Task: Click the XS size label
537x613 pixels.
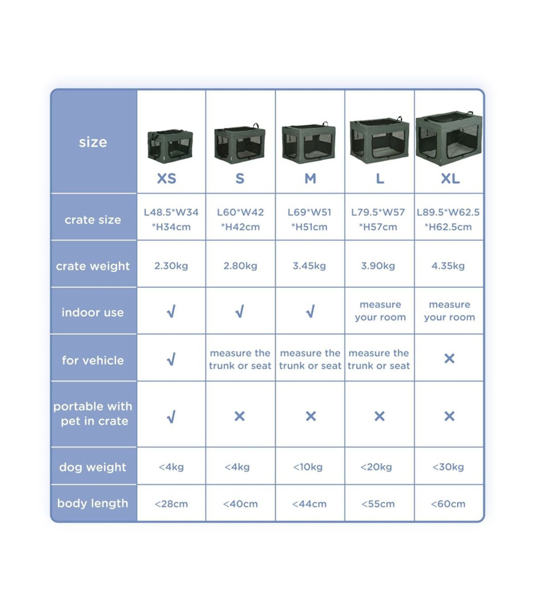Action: click(x=166, y=179)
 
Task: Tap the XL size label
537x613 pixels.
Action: click(x=450, y=179)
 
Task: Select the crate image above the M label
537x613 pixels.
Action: click(x=309, y=143)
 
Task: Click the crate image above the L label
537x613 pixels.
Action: click(x=379, y=140)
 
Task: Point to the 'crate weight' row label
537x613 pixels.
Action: click(x=93, y=266)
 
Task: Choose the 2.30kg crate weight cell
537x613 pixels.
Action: click(x=171, y=266)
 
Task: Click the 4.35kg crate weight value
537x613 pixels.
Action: click(x=448, y=266)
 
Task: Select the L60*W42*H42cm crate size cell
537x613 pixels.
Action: click(x=240, y=220)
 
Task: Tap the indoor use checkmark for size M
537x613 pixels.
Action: click(x=311, y=311)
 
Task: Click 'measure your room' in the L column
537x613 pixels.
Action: click(x=380, y=311)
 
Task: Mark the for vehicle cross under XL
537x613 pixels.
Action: click(x=449, y=358)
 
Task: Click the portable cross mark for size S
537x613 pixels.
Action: click(x=240, y=416)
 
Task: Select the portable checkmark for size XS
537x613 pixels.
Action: click(x=171, y=417)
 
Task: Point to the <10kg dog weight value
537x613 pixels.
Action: click(x=308, y=467)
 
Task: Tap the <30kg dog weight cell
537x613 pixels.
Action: click(x=448, y=467)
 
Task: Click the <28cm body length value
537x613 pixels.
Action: click(x=171, y=504)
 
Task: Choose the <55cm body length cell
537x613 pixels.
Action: click(x=378, y=504)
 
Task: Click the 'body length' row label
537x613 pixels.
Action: click(x=93, y=504)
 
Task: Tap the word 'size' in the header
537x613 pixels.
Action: click(x=93, y=142)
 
